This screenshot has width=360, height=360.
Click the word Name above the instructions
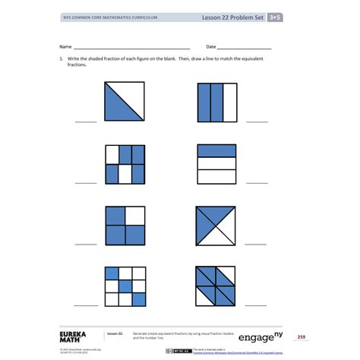point(65,47)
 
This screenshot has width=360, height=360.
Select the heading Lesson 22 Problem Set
point(232,17)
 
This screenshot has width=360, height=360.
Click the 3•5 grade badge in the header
point(274,17)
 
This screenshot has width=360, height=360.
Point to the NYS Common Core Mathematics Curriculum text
point(122,17)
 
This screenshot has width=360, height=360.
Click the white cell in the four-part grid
point(134,216)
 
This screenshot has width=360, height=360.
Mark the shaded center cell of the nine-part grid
point(125,286)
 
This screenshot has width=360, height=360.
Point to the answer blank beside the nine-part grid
point(86,304)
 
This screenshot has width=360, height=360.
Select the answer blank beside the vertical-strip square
point(257,121)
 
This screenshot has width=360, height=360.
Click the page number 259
point(302,336)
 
